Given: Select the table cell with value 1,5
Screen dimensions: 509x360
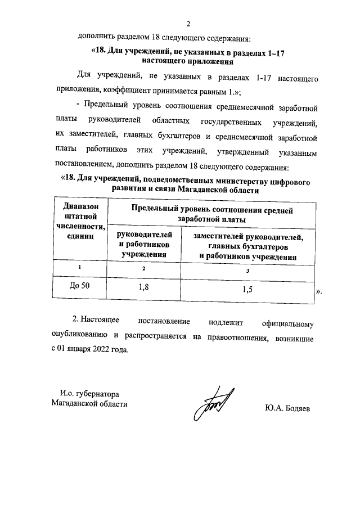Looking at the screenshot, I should tap(247, 290).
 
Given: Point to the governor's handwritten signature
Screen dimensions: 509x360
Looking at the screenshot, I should tap(214, 404).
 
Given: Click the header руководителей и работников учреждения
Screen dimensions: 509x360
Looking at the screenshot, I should tap(144, 244).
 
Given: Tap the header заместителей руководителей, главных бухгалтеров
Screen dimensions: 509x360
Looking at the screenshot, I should tap(247, 242).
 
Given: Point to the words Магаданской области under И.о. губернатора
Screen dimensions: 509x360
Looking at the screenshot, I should tap(89, 404).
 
